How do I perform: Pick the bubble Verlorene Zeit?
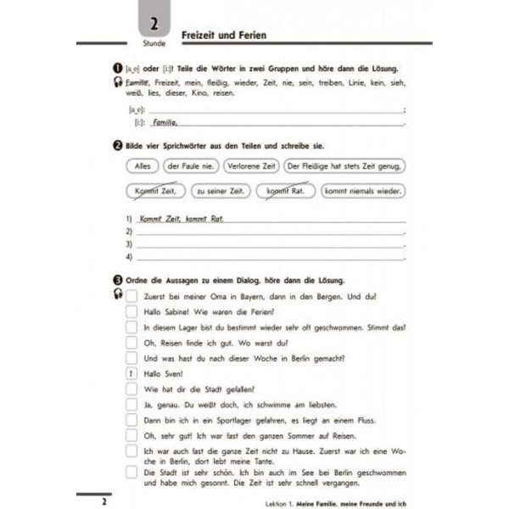(251, 166)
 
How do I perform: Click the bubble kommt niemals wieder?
(364, 192)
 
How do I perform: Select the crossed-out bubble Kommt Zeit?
(153, 192)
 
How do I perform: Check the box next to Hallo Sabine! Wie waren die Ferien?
(131, 311)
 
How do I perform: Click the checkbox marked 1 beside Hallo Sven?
(131, 372)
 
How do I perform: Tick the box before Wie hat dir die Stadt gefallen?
(131, 388)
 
